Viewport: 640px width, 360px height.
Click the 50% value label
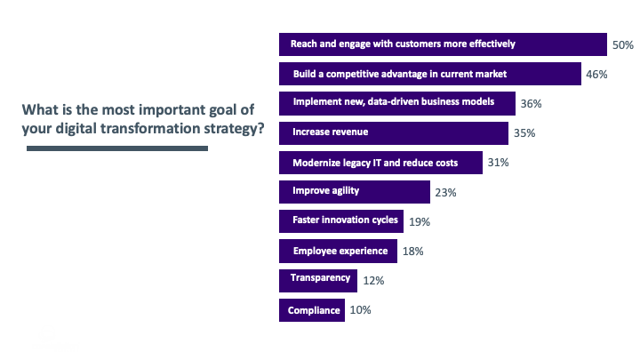pos(622,44)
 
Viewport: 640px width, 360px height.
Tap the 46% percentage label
pos(596,74)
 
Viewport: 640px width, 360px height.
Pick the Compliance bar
pos(312,310)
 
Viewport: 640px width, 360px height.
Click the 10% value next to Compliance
pos(360,310)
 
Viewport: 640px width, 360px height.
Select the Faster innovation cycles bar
pos(341,221)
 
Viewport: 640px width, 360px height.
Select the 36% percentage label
pos(532,104)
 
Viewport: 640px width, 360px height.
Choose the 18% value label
pos(412,252)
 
